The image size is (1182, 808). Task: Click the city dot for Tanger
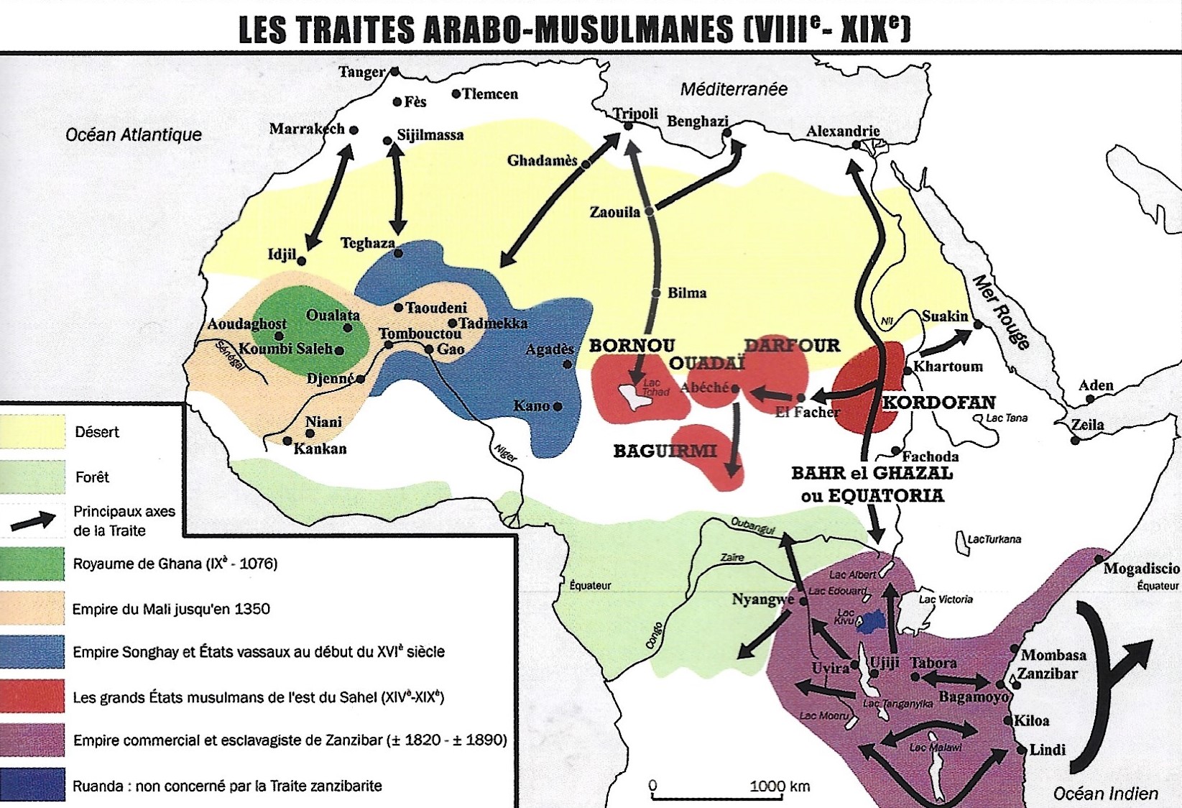coord(394,72)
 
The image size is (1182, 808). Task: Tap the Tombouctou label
coord(420,334)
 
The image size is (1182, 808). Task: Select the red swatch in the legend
coord(32,697)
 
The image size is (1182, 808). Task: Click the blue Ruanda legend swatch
coord(32,785)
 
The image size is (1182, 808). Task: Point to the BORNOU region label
coord(632,346)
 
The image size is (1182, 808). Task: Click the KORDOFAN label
coord(938,403)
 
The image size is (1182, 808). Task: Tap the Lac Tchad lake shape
coord(636,396)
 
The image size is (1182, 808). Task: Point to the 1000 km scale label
coord(780,786)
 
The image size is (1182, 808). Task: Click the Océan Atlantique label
coord(134,134)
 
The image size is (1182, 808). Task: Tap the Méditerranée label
coord(733,89)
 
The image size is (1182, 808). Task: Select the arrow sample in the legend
coord(33,521)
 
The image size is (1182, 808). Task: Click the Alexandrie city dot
coord(857,144)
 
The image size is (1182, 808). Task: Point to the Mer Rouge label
coord(1000,311)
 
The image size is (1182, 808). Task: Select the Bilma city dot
coord(656,293)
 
